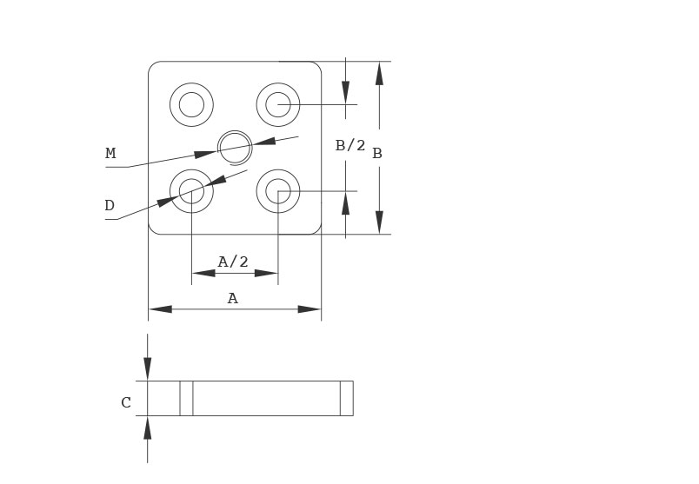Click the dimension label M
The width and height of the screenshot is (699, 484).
click(x=110, y=154)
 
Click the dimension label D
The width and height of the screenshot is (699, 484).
click(x=110, y=206)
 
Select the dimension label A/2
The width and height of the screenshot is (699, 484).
click(x=233, y=262)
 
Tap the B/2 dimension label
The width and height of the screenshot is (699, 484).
click(x=350, y=145)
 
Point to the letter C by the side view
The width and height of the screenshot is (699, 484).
click(x=126, y=403)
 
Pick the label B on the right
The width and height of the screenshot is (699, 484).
click(x=377, y=154)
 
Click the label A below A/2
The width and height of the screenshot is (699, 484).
click(x=232, y=299)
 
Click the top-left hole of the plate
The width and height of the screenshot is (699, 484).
click(x=191, y=105)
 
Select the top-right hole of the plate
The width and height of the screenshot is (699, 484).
click(x=278, y=105)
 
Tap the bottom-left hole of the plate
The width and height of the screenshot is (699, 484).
click(x=191, y=191)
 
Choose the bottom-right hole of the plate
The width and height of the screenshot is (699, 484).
click(x=278, y=191)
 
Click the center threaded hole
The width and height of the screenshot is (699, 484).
click(x=235, y=148)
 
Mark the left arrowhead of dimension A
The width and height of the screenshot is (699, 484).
click(x=160, y=309)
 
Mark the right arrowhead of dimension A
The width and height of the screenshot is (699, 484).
click(x=310, y=309)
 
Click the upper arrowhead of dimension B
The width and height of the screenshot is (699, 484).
click(x=379, y=73)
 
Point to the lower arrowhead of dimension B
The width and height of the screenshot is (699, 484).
click(x=379, y=222)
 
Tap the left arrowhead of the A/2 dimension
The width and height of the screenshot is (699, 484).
click(x=203, y=273)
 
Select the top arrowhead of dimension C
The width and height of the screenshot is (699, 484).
click(x=148, y=368)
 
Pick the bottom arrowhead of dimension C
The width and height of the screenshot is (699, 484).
click(x=148, y=428)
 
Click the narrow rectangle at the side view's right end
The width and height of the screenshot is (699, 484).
click(x=346, y=398)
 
